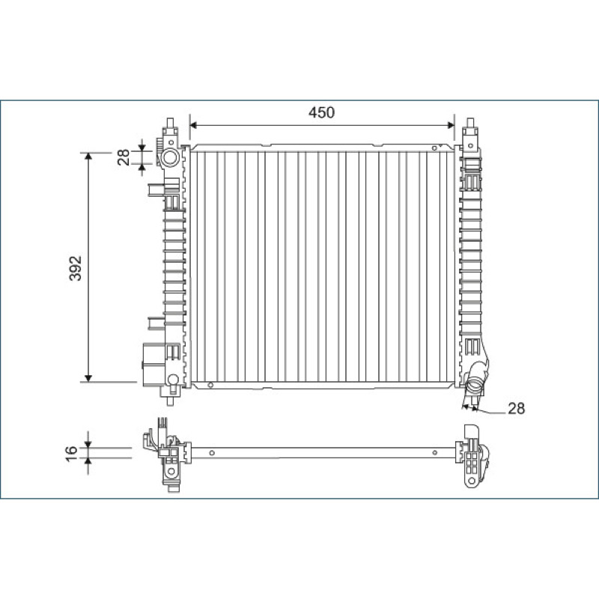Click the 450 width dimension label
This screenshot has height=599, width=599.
(x=321, y=112)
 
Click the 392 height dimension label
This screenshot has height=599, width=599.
(x=76, y=268)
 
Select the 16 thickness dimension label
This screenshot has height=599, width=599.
(x=71, y=454)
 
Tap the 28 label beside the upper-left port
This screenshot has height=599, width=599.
(x=124, y=157)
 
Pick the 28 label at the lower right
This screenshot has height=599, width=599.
(x=516, y=408)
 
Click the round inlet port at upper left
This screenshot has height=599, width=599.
(x=170, y=157)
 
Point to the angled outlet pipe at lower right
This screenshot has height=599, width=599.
(x=476, y=377)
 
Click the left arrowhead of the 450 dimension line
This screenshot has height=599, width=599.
(x=193, y=125)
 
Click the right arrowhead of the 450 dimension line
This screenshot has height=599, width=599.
(x=451, y=125)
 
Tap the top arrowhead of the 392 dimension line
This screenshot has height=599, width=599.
(x=88, y=156)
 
